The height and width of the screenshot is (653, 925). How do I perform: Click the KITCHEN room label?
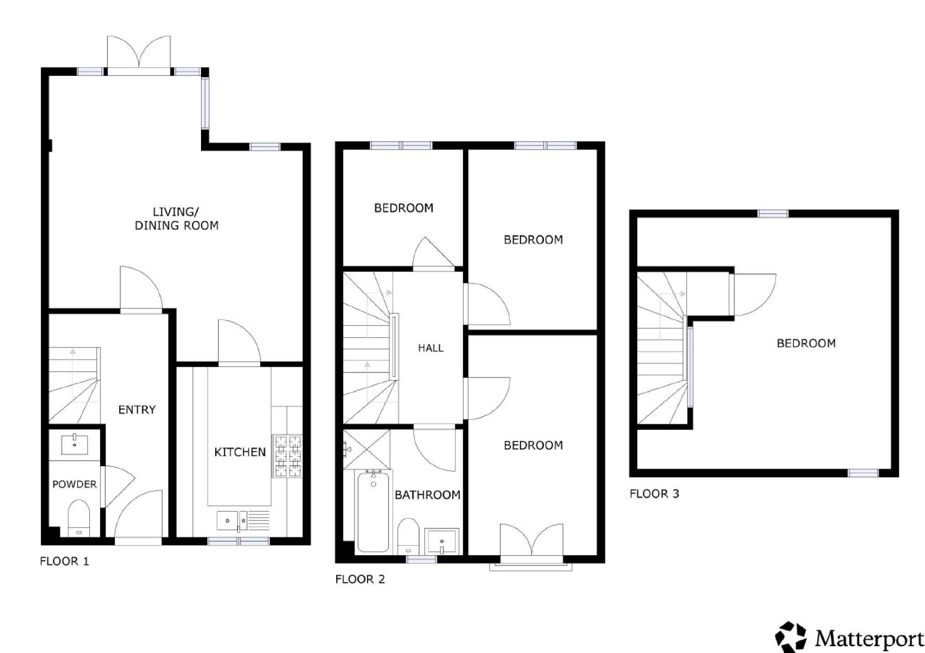240,452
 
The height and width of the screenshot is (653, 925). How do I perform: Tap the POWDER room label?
74,484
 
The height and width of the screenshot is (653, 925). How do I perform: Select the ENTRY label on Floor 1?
137,410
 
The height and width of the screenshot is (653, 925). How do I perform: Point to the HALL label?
431,348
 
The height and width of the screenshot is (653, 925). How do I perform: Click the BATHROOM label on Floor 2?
428,495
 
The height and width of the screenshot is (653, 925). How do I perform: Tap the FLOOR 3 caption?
654,494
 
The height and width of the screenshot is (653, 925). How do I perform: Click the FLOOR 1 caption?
64,561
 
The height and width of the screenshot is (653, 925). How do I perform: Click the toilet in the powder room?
79,518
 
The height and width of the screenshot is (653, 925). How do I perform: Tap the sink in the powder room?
74,444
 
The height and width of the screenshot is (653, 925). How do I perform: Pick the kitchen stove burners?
287,456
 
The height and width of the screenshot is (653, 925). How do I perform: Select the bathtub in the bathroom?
374,511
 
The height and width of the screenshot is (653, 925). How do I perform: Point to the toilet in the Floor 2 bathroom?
408,535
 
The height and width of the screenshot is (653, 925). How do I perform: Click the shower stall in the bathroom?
367,450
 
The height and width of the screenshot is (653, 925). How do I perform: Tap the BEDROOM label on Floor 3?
806,343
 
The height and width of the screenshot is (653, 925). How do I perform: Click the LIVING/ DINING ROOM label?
176,219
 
